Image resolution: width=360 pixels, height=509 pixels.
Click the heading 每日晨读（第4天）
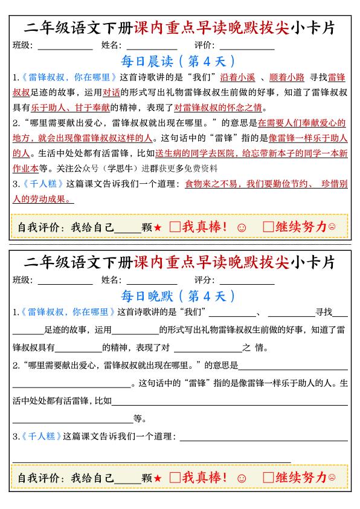tap(179, 61)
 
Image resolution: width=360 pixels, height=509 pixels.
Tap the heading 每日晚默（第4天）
tap(179, 296)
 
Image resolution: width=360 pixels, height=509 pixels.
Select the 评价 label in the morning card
tap(204, 45)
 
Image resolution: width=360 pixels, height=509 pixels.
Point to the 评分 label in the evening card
tap(204, 280)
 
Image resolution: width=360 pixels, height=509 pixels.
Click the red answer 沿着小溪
tap(239, 77)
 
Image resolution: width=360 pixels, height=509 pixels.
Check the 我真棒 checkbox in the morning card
tap(175, 227)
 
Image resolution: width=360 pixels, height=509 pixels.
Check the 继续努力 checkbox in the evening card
tap(269, 477)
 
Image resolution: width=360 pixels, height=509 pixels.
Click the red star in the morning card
tap(157, 228)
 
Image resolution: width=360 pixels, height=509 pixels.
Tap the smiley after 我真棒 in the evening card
tap(242, 478)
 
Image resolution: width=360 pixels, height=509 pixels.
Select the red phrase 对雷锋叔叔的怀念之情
tap(218, 108)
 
